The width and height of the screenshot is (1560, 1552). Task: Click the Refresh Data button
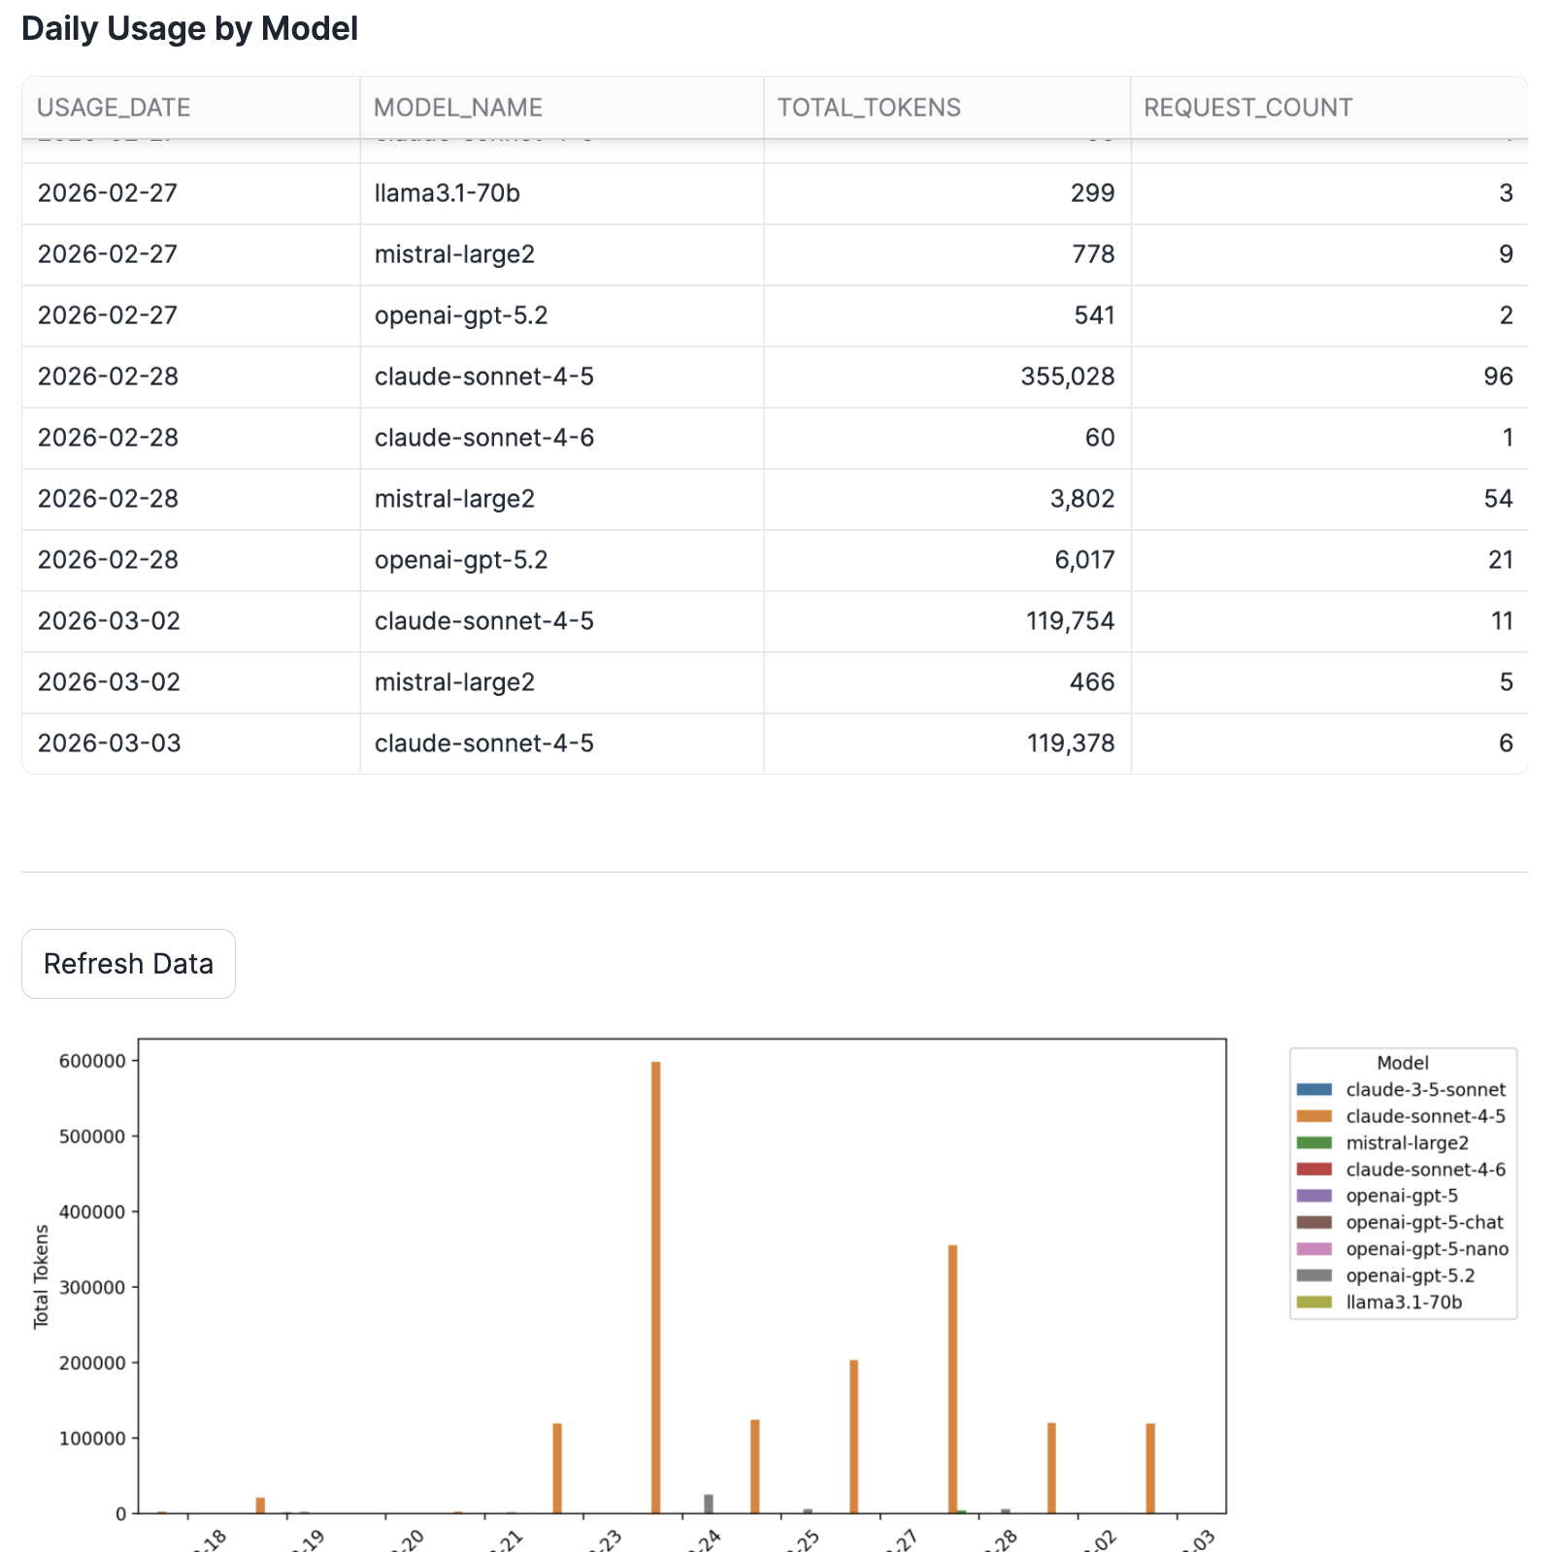pyautogui.click(x=128, y=964)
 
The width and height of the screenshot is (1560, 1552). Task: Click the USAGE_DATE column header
pyautogui.click(x=114, y=108)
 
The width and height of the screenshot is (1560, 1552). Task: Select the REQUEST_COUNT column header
pyautogui.click(x=1247, y=108)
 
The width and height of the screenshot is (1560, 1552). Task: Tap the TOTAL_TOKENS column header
pyautogui.click(x=869, y=108)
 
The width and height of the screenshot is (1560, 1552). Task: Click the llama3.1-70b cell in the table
pyautogui.click(x=448, y=193)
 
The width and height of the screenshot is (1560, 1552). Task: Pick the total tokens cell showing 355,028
pyautogui.click(x=1067, y=377)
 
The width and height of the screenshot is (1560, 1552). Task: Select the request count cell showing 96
pyautogui.click(x=1498, y=377)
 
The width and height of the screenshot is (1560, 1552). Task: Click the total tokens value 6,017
pyautogui.click(x=1084, y=560)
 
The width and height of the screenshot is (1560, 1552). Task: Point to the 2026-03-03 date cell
pyautogui.click(x=110, y=743)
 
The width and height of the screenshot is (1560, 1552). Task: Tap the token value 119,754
pyautogui.click(x=1070, y=621)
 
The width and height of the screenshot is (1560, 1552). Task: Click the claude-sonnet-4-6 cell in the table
pyautogui.click(x=484, y=438)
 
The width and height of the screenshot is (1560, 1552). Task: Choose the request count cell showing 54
pyautogui.click(x=1498, y=499)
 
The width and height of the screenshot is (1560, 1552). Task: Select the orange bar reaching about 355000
pyautogui.click(x=952, y=1378)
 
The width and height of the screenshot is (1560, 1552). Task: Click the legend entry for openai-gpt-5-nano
pyautogui.click(x=1426, y=1249)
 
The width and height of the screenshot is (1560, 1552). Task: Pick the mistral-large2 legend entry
pyautogui.click(x=1407, y=1143)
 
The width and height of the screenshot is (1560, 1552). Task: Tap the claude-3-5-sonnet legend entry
pyautogui.click(x=1425, y=1090)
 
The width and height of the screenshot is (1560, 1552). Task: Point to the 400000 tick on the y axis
pyautogui.click(x=92, y=1212)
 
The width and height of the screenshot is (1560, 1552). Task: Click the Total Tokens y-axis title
pyautogui.click(x=41, y=1276)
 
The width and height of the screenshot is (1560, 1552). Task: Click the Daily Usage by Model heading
pyautogui.click(x=189, y=29)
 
